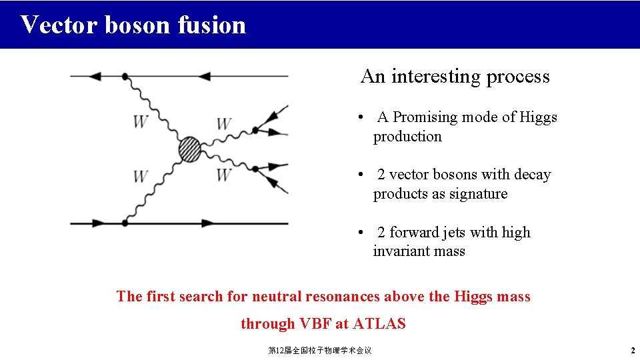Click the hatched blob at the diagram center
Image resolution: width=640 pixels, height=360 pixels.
click(189, 149)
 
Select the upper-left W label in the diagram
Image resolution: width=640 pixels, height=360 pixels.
click(141, 122)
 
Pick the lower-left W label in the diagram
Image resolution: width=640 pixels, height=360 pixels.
click(141, 177)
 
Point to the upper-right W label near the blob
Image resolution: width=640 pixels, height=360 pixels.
click(224, 124)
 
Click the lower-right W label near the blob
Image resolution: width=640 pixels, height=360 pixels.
click(224, 175)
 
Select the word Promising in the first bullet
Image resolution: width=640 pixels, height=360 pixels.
click(424, 117)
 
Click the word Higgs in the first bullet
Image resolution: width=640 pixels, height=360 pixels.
click(539, 117)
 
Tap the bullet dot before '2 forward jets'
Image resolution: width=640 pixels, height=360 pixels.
click(360, 233)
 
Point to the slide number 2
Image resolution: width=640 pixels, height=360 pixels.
click(632, 351)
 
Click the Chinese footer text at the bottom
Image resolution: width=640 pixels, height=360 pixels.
click(319, 351)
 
